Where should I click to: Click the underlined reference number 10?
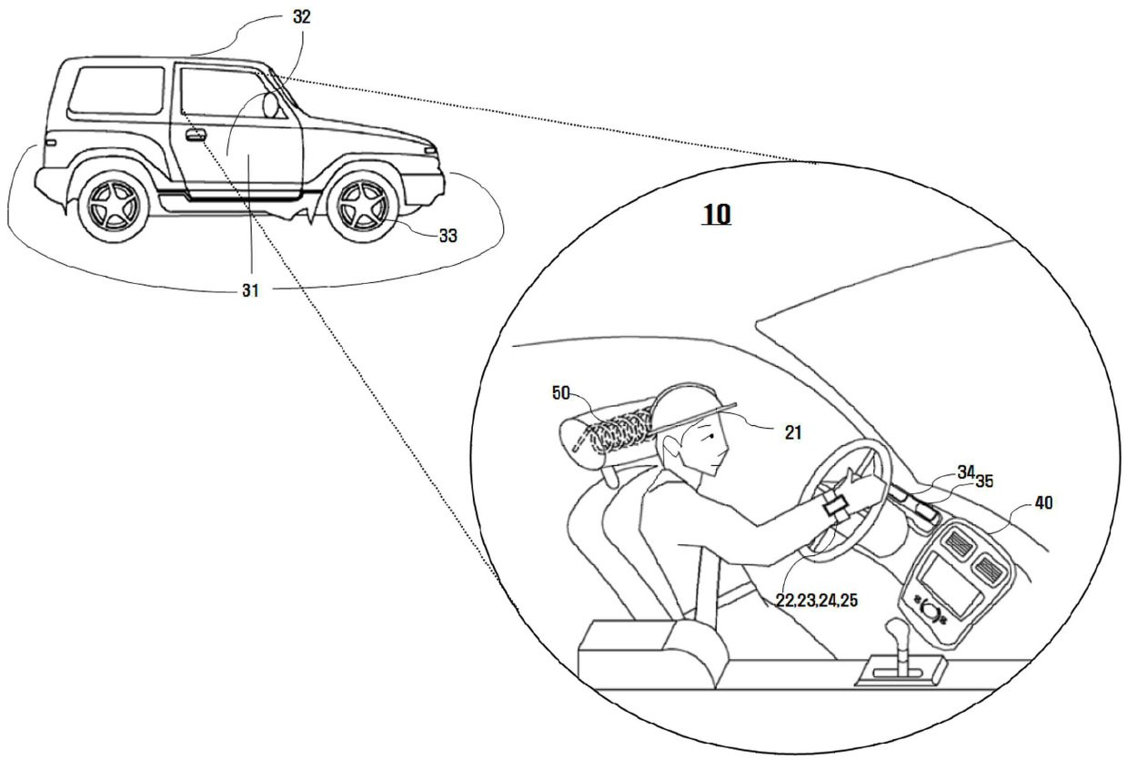click(x=717, y=215)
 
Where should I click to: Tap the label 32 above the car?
click(x=302, y=17)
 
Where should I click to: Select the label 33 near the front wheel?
click(x=448, y=236)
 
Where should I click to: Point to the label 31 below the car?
click(x=250, y=291)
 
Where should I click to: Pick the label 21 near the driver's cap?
click(x=793, y=433)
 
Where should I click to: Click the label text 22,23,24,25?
click(x=816, y=601)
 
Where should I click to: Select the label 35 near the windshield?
click(x=984, y=481)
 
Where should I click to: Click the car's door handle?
click(x=195, y=136)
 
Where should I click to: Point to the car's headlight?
click(x=429, y=151)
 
